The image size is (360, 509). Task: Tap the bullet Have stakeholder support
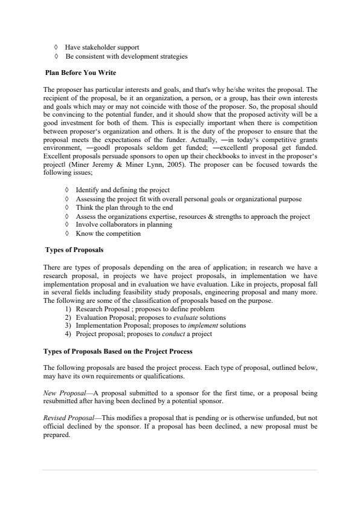click(x=101, y=47)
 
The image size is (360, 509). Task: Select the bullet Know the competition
click(x=108, y=233)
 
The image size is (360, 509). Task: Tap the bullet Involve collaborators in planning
click(x=124, y=224)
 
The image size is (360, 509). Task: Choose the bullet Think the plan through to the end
click(x=124, y=207)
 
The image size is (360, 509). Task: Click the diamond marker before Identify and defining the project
click(x=66, y=190)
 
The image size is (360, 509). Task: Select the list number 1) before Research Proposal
click(x=68, y=309)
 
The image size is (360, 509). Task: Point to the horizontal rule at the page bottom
click(x=179, y=470)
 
